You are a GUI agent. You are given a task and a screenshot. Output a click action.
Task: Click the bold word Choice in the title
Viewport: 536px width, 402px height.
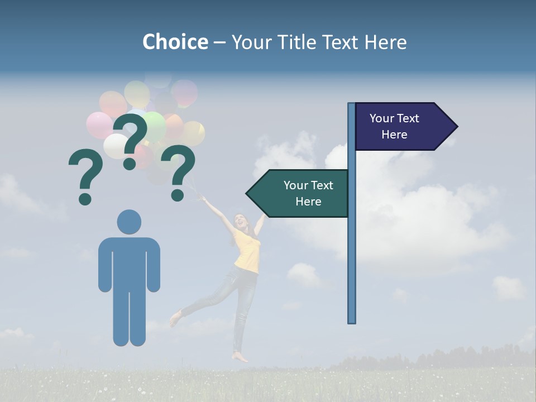tap(175, 42)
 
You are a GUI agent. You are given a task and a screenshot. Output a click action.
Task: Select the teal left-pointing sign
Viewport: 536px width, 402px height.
tap(301, 193)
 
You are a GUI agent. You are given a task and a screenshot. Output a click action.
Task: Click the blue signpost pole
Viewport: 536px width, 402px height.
tap(352, 251)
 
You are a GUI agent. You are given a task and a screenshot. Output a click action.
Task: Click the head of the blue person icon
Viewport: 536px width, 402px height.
tap(129, 222)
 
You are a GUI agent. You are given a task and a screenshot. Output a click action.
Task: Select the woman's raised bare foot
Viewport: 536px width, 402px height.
tap(175, 318)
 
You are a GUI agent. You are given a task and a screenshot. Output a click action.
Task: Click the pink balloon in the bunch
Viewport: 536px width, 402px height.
tap(99, 125)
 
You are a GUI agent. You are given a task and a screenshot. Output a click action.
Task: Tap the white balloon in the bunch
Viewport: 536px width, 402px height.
tap(116, 146)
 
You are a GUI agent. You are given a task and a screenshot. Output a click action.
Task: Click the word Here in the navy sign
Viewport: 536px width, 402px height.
tap(394, 135)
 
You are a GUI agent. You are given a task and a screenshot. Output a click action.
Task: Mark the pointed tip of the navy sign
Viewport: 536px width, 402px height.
tap(457, 126)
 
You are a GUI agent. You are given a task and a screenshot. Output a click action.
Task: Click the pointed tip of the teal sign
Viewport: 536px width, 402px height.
tap(247, 193)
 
